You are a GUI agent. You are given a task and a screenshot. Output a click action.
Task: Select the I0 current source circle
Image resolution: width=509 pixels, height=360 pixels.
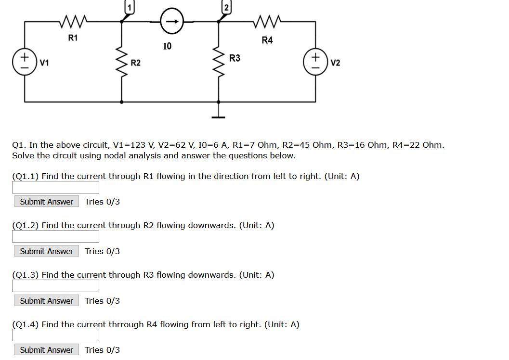(x=171, y=21)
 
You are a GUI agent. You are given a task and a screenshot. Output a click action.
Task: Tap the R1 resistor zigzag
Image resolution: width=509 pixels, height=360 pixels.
(x=73, y=21)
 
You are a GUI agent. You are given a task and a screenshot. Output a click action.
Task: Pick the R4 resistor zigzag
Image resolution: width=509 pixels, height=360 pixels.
(x=266, y=21)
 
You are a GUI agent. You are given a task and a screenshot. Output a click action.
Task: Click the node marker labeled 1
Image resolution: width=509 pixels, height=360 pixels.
(x=129, y=7)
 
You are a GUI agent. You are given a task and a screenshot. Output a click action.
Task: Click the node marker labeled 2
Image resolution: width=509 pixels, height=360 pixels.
(x=225, y=7)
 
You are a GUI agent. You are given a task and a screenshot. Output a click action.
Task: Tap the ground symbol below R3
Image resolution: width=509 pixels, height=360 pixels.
(x=219, y=116)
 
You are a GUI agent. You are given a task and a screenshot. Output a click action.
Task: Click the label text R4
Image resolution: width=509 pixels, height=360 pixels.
(x=267, y=40)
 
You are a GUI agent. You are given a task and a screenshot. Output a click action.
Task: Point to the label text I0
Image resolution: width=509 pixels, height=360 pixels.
(x=167, y=46)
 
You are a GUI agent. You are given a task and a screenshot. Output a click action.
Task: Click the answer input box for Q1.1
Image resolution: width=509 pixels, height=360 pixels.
(x=55, y=187)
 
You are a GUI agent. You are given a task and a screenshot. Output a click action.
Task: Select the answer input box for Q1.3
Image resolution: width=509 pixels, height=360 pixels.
(x=55, y=286)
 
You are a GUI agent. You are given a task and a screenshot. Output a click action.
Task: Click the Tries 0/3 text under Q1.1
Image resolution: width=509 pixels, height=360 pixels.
(x=102, y=202)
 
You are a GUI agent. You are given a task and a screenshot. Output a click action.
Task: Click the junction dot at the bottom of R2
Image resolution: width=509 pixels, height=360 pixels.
(x=121, y=102)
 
